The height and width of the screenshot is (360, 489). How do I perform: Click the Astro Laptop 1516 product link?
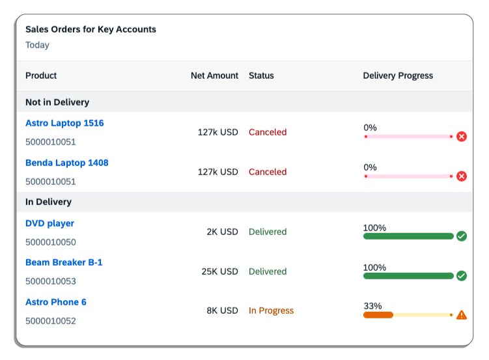(x=64, y=123)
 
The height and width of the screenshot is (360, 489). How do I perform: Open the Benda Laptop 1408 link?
(x=66, y=163)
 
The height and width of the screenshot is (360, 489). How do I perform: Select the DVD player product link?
(x=49, y=223)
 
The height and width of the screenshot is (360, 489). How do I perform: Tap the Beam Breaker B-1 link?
(x=64, y=262)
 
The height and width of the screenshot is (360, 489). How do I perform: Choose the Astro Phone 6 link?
(x=56, y=302)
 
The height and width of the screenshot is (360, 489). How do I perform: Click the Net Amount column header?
(x=214, y=76)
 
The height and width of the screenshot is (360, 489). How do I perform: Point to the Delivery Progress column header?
(x=398, y=76)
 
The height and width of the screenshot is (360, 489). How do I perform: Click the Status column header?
(x=261, y=76)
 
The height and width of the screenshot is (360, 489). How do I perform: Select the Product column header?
(x=41, y=76)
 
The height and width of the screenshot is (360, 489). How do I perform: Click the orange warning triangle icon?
(x=462, y=315)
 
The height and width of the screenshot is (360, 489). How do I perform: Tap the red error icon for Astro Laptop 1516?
(x=462, y=137)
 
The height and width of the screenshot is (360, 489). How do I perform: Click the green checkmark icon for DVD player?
(x=462, y=236)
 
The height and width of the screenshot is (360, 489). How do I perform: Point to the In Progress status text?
(x=271, y=311)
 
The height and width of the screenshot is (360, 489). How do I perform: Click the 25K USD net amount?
(x=219, y=271)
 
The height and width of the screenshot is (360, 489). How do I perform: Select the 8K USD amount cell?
(x=222, y=311)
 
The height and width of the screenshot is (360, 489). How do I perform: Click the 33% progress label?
(x=372, y=306)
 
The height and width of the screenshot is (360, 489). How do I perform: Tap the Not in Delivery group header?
(x=57, y=102)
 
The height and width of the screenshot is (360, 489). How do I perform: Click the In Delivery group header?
(x=48, y=202)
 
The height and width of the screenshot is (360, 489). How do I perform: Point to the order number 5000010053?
(x=51, y=281)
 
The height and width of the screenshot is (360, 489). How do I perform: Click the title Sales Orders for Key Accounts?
(x=91, y=29)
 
